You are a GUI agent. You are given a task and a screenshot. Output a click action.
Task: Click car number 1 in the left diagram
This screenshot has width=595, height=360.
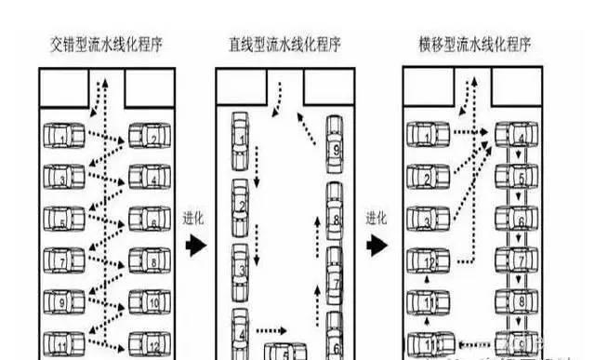coord(62,139)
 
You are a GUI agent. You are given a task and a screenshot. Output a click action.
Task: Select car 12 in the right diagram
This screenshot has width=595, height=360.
coord(427,263)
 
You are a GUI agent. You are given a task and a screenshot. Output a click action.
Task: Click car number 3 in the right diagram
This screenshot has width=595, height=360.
coord(427,220)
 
